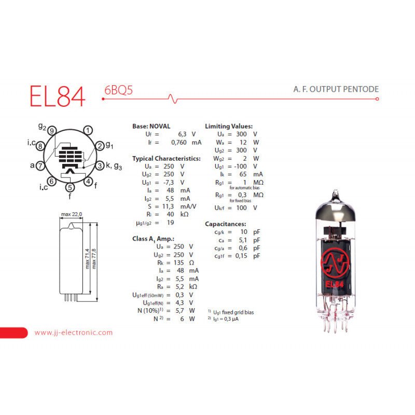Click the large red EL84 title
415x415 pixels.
click(x=57, y=94)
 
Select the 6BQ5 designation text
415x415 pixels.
click(x=118, y=90)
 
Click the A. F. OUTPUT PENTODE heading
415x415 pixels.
click(x=336, y=89)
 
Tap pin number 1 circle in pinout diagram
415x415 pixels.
click(x=89, y=130)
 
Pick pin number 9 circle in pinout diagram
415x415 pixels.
click(x=51, y=131)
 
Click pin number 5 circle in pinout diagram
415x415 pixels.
click(x=70, y=187)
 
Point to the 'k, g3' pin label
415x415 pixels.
click(x=114, y=166)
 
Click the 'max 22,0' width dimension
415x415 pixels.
click(x=71, y=214)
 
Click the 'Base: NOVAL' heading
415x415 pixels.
click(x=151, y=126)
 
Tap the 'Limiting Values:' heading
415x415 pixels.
click(x=229, y=126)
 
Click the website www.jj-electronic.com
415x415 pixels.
click(x=73, y=333)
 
